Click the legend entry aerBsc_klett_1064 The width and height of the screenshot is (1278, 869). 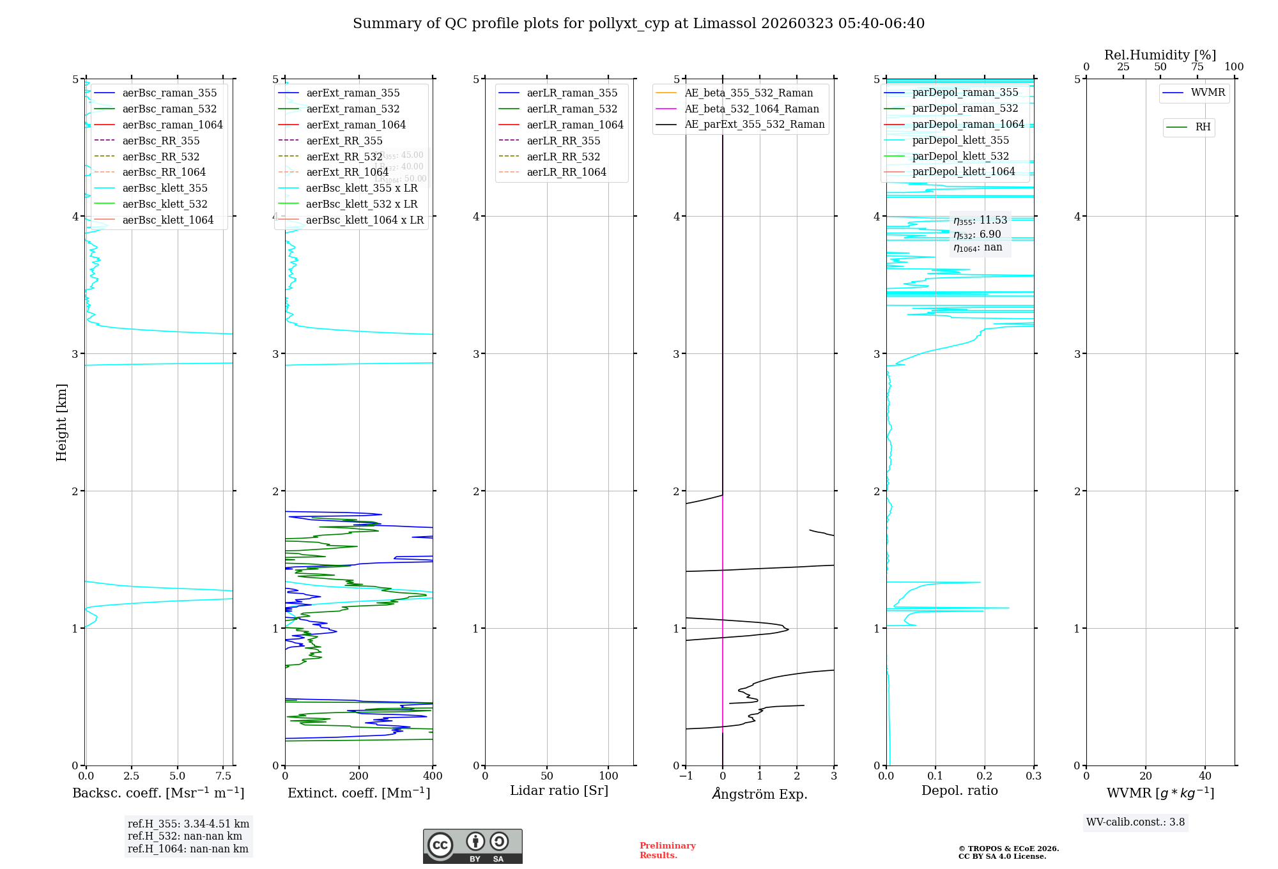click(167, 220)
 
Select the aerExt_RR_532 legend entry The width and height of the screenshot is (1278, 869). click(344, 157)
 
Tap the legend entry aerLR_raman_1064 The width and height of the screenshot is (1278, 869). click(574, 125)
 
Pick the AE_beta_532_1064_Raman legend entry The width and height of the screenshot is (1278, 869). click(751, 109)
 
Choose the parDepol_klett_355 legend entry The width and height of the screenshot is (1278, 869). click(960, 140)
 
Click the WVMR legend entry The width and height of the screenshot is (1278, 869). click(1208, 93)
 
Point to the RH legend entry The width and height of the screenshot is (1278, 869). click(1203, 127)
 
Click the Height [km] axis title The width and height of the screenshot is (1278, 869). click(61, 422)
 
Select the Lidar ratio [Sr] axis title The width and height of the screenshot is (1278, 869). click(559, 790)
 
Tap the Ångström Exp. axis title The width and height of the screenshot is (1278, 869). click(760, 794)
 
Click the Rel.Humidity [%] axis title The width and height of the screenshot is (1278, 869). click(1160, 55)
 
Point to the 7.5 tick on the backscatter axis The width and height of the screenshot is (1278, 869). click(224, 776)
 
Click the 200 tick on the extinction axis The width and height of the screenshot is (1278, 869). click(359, 776)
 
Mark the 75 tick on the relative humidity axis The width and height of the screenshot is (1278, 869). click(1197, 67)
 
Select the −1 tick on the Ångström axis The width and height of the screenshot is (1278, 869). click(686, 776)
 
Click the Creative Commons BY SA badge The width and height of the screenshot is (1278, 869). click(472, 846)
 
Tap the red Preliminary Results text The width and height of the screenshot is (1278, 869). click(667, 850)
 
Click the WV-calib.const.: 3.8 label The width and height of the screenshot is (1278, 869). click(1136, 822)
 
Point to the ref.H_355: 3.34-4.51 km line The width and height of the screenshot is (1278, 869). click(189, 824)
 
